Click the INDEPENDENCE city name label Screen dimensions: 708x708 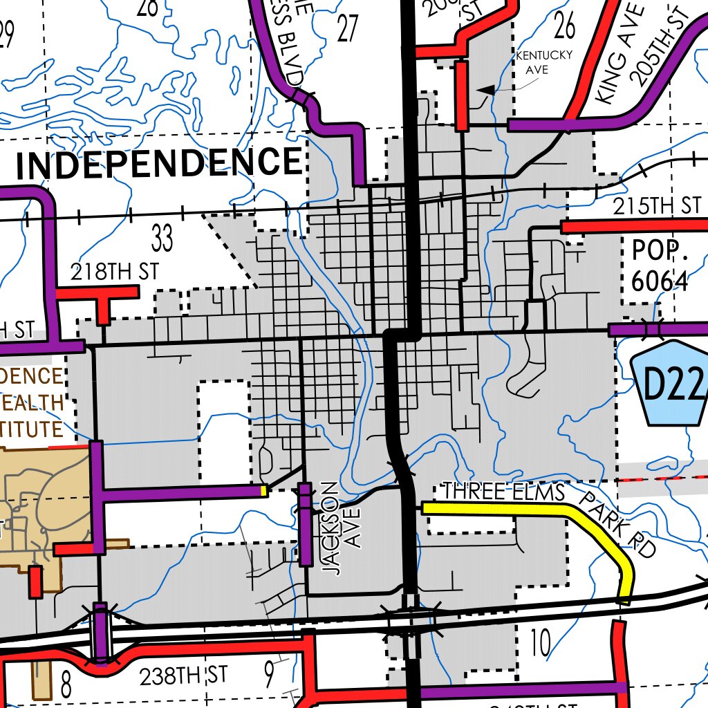pyautogui.click(x=158, y=164)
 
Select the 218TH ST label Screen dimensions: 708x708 pyautogui.click(x=115, y=272)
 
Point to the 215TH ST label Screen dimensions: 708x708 pyautogui.click(x=657, y=206)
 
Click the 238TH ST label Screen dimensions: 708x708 pyautogui.click(x=183, y=676)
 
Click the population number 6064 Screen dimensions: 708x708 pyautogui.click(x=660, y=281)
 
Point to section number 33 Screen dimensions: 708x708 pyautogui.click(x=162, y=239)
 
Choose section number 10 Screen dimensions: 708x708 pyautogui.click(x=540, y=643)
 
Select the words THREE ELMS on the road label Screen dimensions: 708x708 pyautogui.click(x=503, y=492)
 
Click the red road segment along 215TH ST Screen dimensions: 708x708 pyautogui.click(x=633, y=226)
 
